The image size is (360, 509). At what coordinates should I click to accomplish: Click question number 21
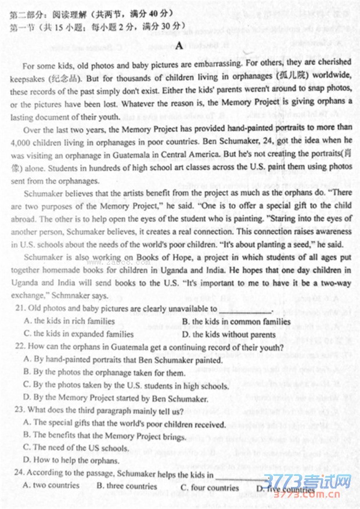[19, 308]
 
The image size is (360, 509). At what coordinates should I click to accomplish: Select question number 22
[19, 346]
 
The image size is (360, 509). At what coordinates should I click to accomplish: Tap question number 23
[19, 410]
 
